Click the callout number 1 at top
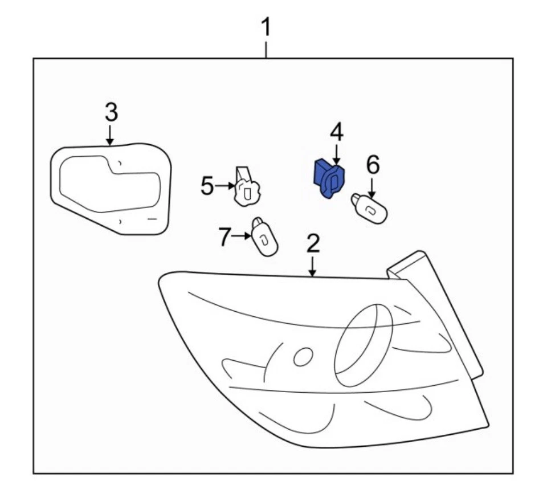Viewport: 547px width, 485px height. (266, 27)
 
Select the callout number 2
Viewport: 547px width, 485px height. (313, 244)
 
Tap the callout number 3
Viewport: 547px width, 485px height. (111, 112)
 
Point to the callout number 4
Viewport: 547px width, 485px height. (337, 133)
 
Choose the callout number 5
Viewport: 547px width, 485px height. (207, 186)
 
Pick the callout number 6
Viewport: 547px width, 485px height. (372, 165)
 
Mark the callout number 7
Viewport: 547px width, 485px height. (226, 237)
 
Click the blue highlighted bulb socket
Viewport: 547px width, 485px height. (330, 179)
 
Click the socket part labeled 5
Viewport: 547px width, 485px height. (247, 189)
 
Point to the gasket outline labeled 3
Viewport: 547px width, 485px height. (110, 188)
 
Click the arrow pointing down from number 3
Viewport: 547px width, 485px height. (110, 135)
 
